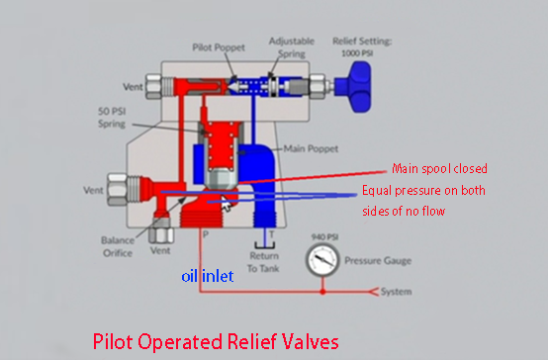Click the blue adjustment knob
(x=353, y=87)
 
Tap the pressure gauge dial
(x=322, y=260)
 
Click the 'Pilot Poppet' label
(x=219, y=47)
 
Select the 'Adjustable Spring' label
(x=292, y=47)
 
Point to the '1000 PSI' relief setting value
(x=357, y=53)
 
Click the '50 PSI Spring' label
(x=112, y=118)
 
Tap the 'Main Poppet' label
(x=311, y=149)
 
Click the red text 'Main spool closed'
(x=439, y=169)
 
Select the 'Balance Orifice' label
(x=118, y=246)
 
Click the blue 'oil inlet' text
(x=208, y=277)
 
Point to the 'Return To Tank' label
(x=264, y=262)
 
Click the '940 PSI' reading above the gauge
(x=324, y=237)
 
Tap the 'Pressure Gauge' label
(x=378, y=261)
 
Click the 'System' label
(x=396, y=292)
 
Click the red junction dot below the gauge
(x=322, y=292)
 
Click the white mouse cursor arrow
(x=226, y=203)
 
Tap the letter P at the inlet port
(x=206, y=234)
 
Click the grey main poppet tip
(x=221, y=178)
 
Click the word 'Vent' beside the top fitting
(x=133, y=87)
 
